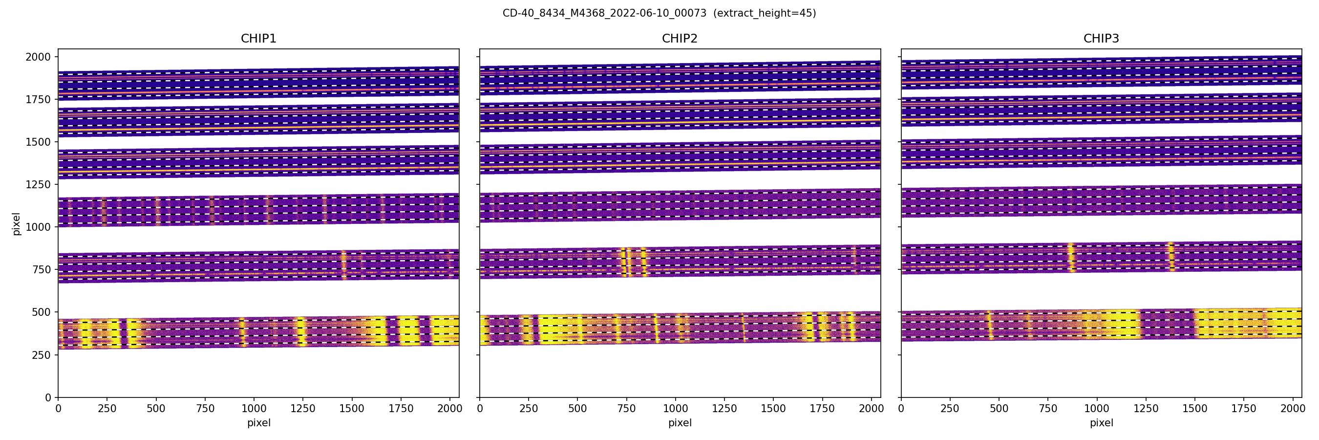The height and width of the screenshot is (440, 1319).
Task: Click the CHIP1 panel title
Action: point(258,39)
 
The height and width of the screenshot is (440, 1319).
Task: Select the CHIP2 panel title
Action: point(680,39)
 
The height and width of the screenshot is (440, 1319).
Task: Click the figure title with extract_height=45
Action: point(659,13)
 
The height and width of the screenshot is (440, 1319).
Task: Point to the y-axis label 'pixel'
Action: point(17,223)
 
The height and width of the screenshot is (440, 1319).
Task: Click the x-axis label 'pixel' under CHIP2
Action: point(680,423)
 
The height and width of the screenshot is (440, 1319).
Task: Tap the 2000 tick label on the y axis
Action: point(39,57)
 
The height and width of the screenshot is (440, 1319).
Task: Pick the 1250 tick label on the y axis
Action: point(39,184)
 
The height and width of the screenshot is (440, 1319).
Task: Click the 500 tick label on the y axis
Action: point(42,312)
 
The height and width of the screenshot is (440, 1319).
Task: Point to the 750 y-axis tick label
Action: point(42,269)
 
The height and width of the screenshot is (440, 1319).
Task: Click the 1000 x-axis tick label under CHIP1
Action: point(254,409)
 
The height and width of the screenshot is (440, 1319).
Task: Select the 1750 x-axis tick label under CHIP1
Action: point(401,409)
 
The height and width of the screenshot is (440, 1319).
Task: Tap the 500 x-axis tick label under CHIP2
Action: point(577,409)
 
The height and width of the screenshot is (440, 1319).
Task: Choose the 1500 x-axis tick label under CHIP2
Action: point(773,409)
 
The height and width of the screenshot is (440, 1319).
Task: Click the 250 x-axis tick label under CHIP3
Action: point(950,409)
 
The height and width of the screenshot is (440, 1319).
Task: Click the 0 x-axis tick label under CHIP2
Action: point(480,409)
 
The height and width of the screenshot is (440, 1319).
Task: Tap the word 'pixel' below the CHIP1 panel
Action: point(258,423)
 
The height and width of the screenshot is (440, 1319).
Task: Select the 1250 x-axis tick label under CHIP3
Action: point(1146,409)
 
